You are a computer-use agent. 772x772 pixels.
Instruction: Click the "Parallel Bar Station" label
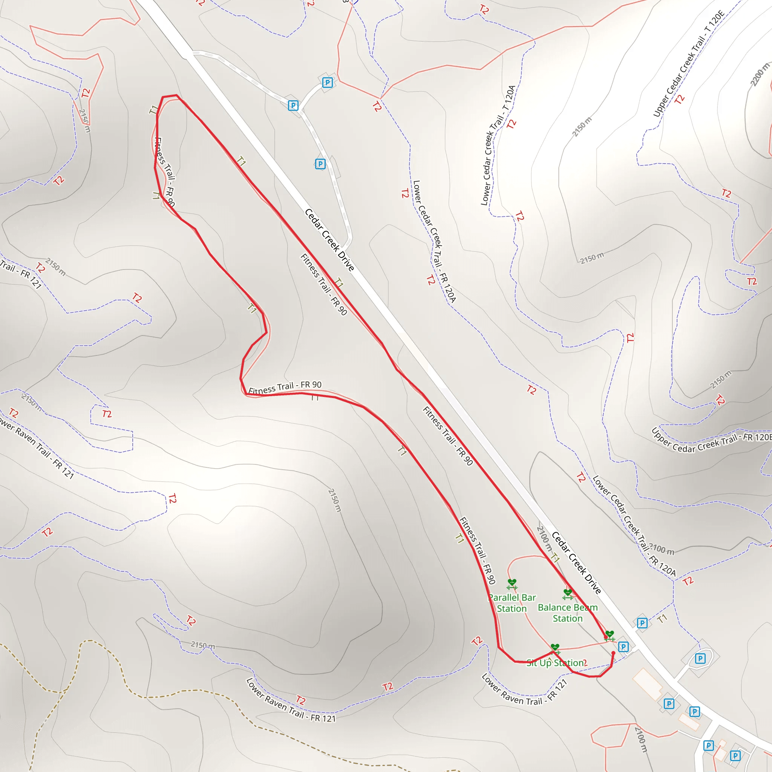[x=512, y=603]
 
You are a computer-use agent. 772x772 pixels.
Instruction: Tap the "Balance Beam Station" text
[x=567, y=613]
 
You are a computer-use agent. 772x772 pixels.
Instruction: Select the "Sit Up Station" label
[x=555, y=663]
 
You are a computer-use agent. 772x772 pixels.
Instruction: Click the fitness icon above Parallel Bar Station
[x=512, y=584]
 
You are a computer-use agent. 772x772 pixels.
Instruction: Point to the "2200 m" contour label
[x=760, y=74]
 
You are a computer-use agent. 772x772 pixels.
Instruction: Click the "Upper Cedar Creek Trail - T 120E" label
[x=688, y=64]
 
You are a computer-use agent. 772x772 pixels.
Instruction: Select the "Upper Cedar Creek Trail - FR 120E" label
[x=711, y=441]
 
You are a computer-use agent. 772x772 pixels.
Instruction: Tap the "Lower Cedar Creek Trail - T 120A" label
[x=498, y=146]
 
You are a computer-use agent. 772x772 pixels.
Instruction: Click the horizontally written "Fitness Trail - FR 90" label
[x=285, y=387]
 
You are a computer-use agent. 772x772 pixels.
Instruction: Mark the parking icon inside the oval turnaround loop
[x=700, y=659]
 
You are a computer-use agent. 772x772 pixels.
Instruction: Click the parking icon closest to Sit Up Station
[x=623, y=646]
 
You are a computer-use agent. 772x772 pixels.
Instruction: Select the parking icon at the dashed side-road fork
[x=293, y=106]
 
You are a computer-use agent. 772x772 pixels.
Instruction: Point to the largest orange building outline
[x=648, y=683]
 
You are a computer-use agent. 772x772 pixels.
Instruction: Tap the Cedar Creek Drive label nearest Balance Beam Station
[x=576, y=563]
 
